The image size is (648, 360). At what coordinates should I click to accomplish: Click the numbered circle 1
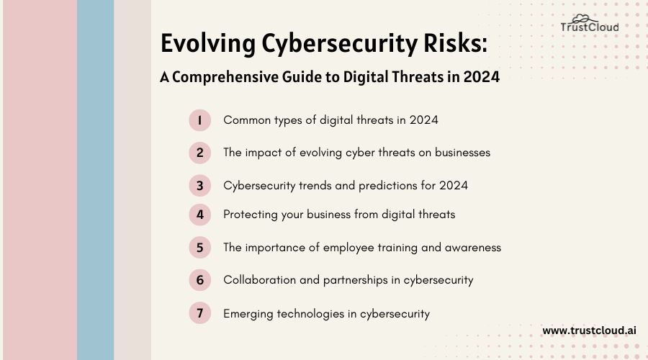(x=199, y=120)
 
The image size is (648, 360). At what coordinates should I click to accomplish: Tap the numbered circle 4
(x=199, y=214)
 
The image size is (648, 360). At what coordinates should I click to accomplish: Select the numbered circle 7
(x=199, y=314)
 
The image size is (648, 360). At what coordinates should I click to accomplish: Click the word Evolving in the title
(x=204, y=44)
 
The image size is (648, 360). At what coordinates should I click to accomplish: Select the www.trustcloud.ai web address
(x=589, y=330)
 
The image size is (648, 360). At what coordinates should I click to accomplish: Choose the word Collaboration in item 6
(x=258, y=280)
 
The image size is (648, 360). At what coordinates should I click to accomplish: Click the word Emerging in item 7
(x=248, y=314)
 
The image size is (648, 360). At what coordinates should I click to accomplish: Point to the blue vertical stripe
(x=95, y=180)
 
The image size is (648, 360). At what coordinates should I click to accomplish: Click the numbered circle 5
(x=199, y=248)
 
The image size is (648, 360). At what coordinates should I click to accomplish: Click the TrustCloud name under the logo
(x=589, y=28)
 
